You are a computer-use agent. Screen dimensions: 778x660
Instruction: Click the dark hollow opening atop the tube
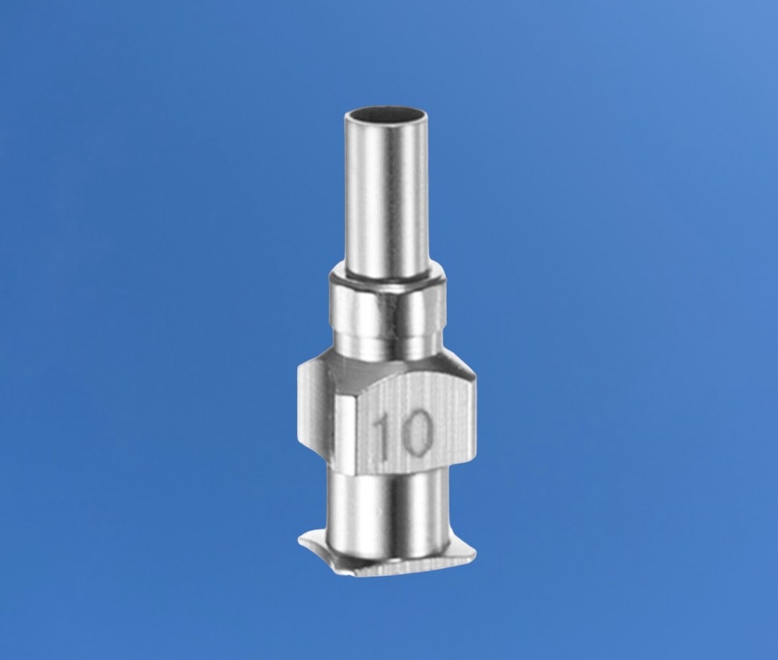click(385, 117)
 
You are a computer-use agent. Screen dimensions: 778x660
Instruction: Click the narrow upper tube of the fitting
click(385, 194)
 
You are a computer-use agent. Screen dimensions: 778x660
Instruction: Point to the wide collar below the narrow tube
click(388, 307)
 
